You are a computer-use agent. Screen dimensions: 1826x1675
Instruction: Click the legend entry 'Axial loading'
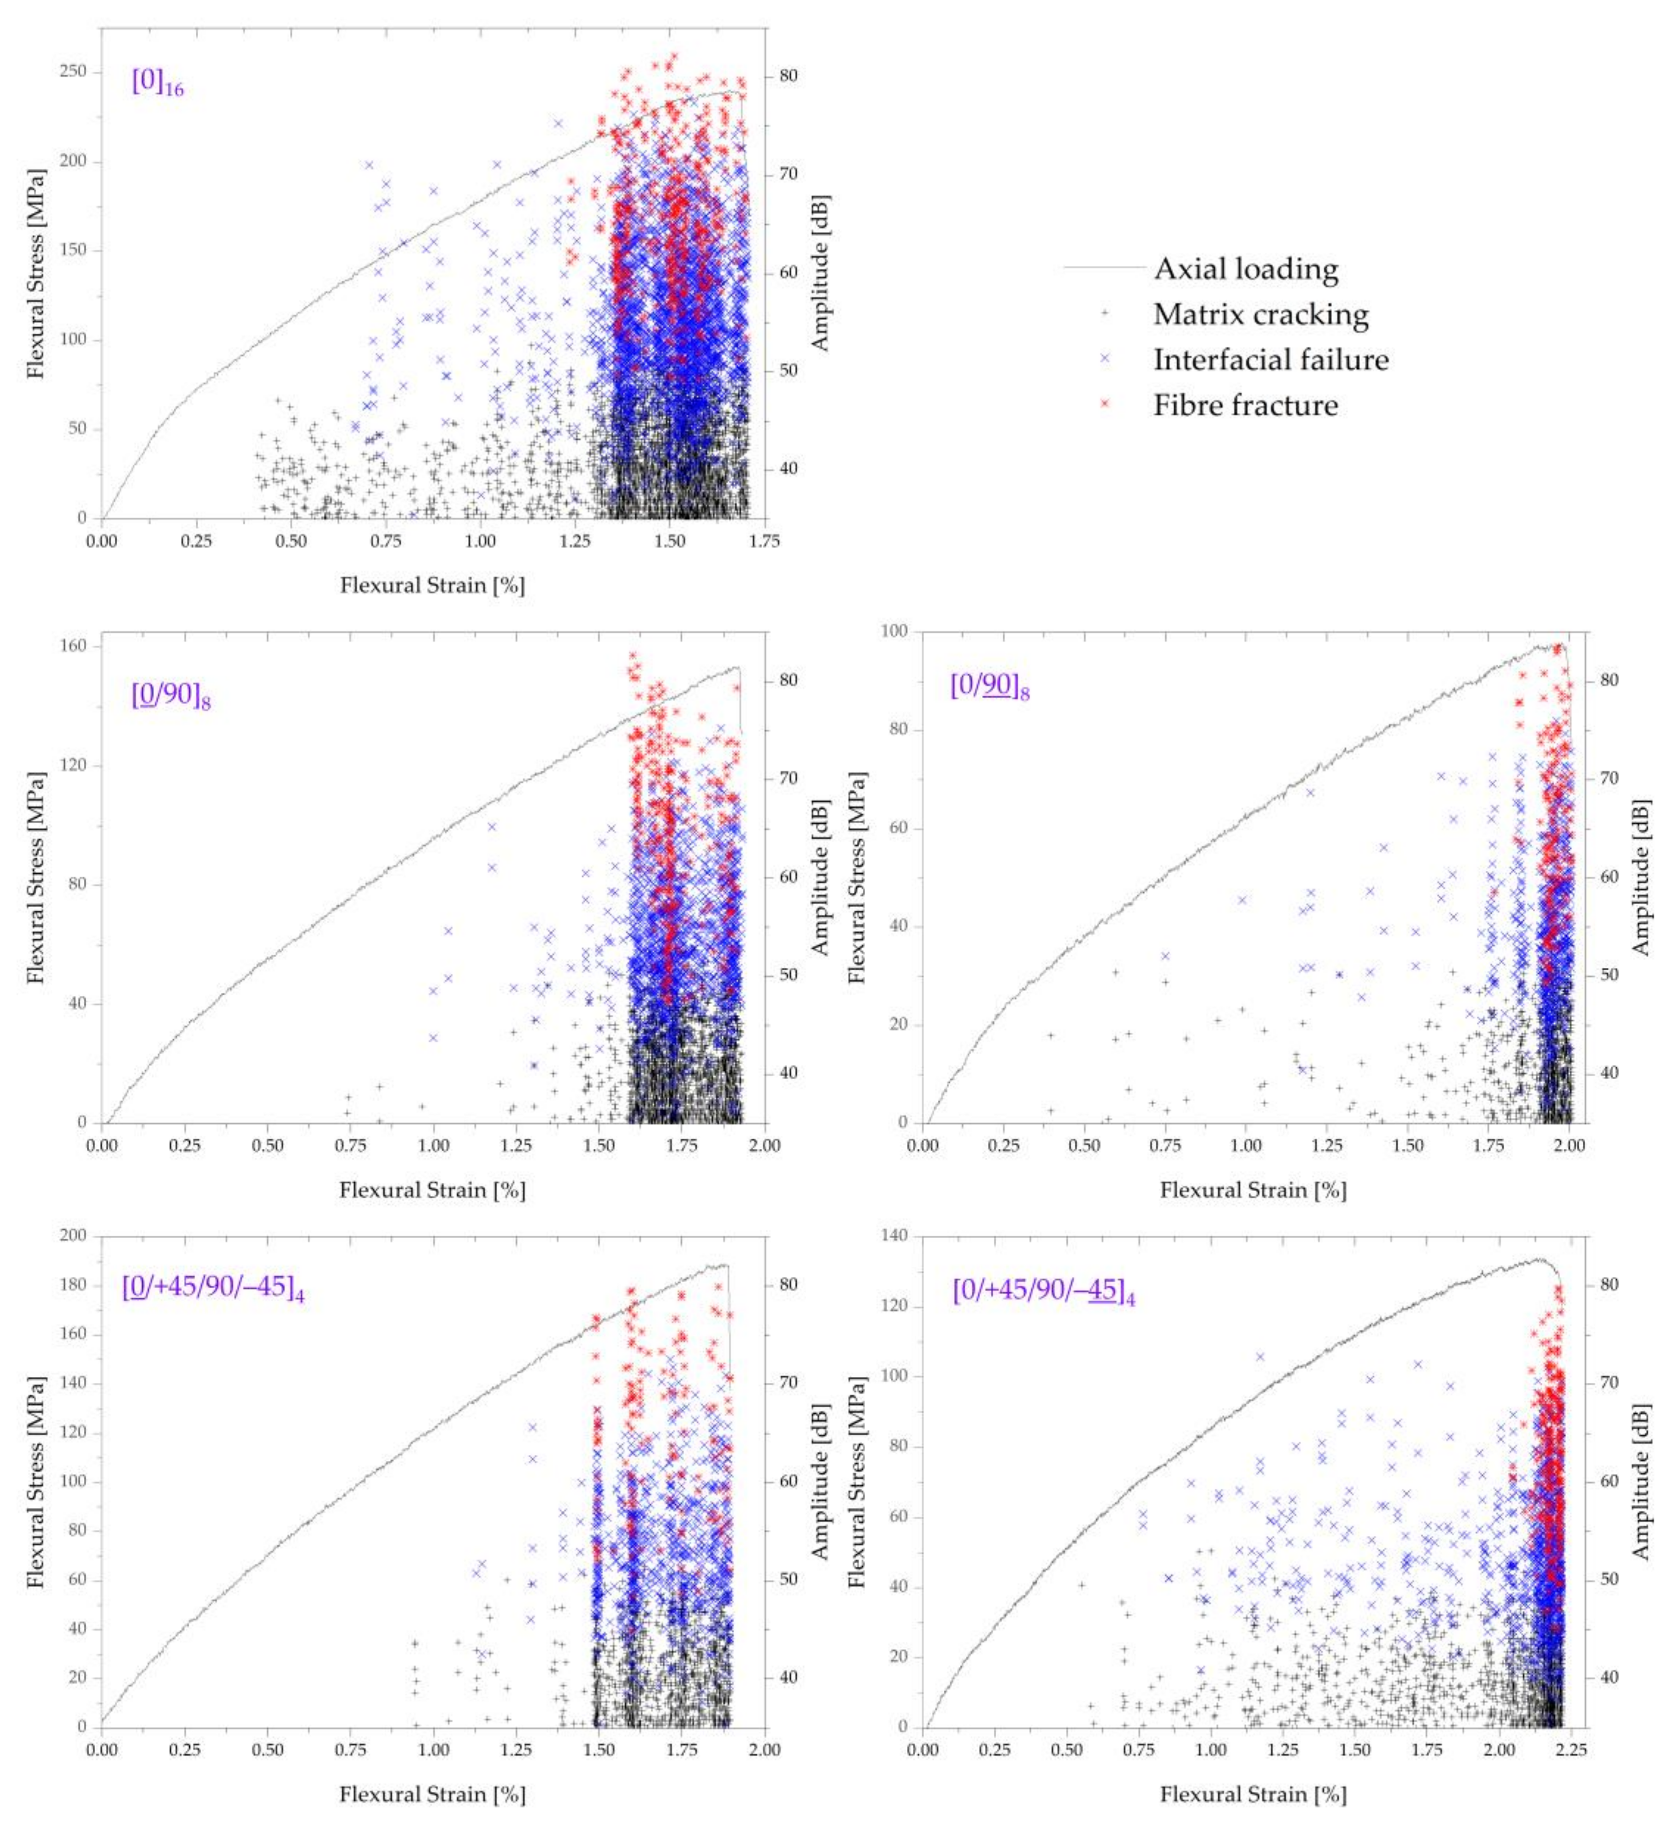pos(1245,269)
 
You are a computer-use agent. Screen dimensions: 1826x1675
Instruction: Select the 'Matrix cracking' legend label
pos(1260,314)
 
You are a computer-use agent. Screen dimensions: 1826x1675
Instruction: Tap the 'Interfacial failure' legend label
pos(1271,360)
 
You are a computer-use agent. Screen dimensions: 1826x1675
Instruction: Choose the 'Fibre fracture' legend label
pos(1245,405)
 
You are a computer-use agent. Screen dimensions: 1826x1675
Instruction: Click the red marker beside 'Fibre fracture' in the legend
pos(1104,404)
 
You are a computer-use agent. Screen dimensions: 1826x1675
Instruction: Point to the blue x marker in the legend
pos(1104,359)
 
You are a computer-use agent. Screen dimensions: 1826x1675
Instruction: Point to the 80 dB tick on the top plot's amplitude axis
pos(788,75)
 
